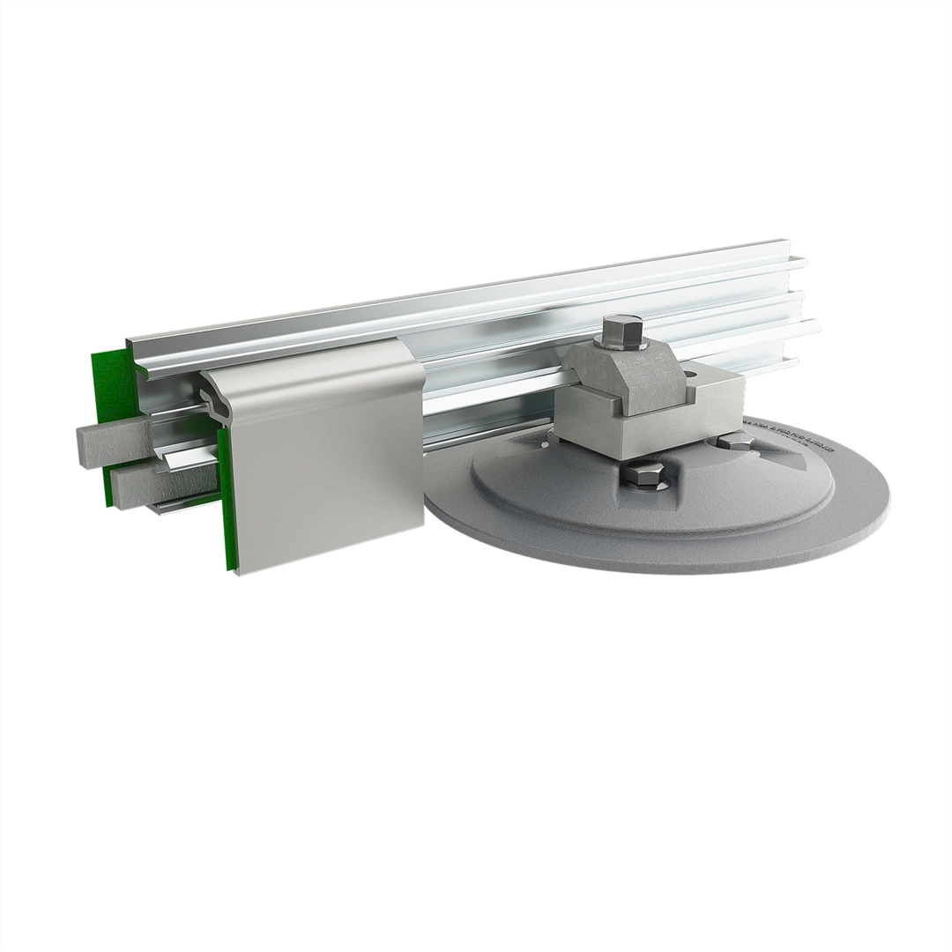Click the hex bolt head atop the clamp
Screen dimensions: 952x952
click(x=614, y=332)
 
